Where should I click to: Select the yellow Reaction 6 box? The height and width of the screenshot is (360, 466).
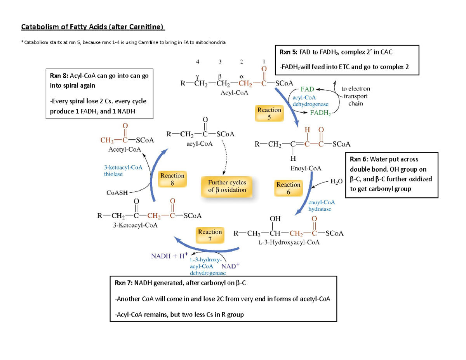tap(288, 188)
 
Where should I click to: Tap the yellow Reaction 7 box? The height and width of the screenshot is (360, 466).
tap(210, 235)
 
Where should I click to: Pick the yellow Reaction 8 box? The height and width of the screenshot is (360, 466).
tap(172, 180)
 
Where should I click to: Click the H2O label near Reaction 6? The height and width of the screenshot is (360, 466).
tap(337, 181)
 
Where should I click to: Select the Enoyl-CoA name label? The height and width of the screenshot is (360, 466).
tap(306, 168)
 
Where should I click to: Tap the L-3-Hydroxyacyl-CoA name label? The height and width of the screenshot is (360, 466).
tap(289, 243)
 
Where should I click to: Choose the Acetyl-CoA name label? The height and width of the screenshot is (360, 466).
tap(125, 149)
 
